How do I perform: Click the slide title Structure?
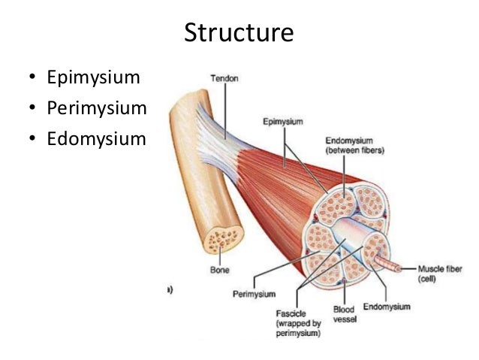click(239, 34)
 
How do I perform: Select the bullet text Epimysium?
click(95, 77)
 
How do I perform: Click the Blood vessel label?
click(345, 314)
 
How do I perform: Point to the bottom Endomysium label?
click(387, 306)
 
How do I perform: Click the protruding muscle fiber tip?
click(397, 267)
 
